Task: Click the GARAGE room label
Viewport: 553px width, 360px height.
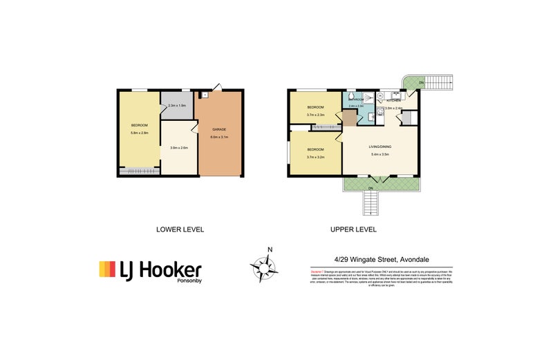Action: click(220, 129)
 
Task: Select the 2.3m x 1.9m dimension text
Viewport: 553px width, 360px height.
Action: click(177, 106)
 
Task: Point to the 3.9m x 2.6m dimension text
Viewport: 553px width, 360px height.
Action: click(179, 147)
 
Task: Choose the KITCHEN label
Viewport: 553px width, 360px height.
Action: click(394, 101)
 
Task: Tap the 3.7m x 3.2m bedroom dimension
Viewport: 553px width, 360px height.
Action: click(315, 157)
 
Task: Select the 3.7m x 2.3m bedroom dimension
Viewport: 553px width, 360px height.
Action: click(315, 115)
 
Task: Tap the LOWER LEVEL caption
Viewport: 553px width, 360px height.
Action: click(180, 229)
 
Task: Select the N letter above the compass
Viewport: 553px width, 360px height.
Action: click(271, 249)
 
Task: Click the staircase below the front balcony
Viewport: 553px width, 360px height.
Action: click(371, 203)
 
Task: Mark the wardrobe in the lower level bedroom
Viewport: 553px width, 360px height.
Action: click(138, 169)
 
